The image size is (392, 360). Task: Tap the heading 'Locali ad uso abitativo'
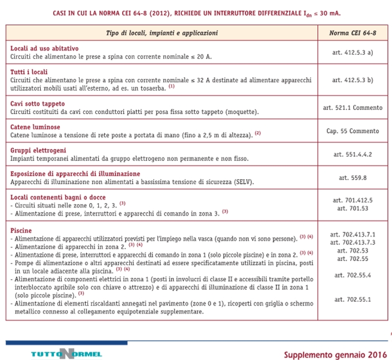[x=44, y=48]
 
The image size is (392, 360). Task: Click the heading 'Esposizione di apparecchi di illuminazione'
[x=75, y=173]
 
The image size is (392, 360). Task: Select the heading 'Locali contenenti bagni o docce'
[x=57, y=196]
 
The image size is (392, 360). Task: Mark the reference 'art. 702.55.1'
[x=352, y=298]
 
